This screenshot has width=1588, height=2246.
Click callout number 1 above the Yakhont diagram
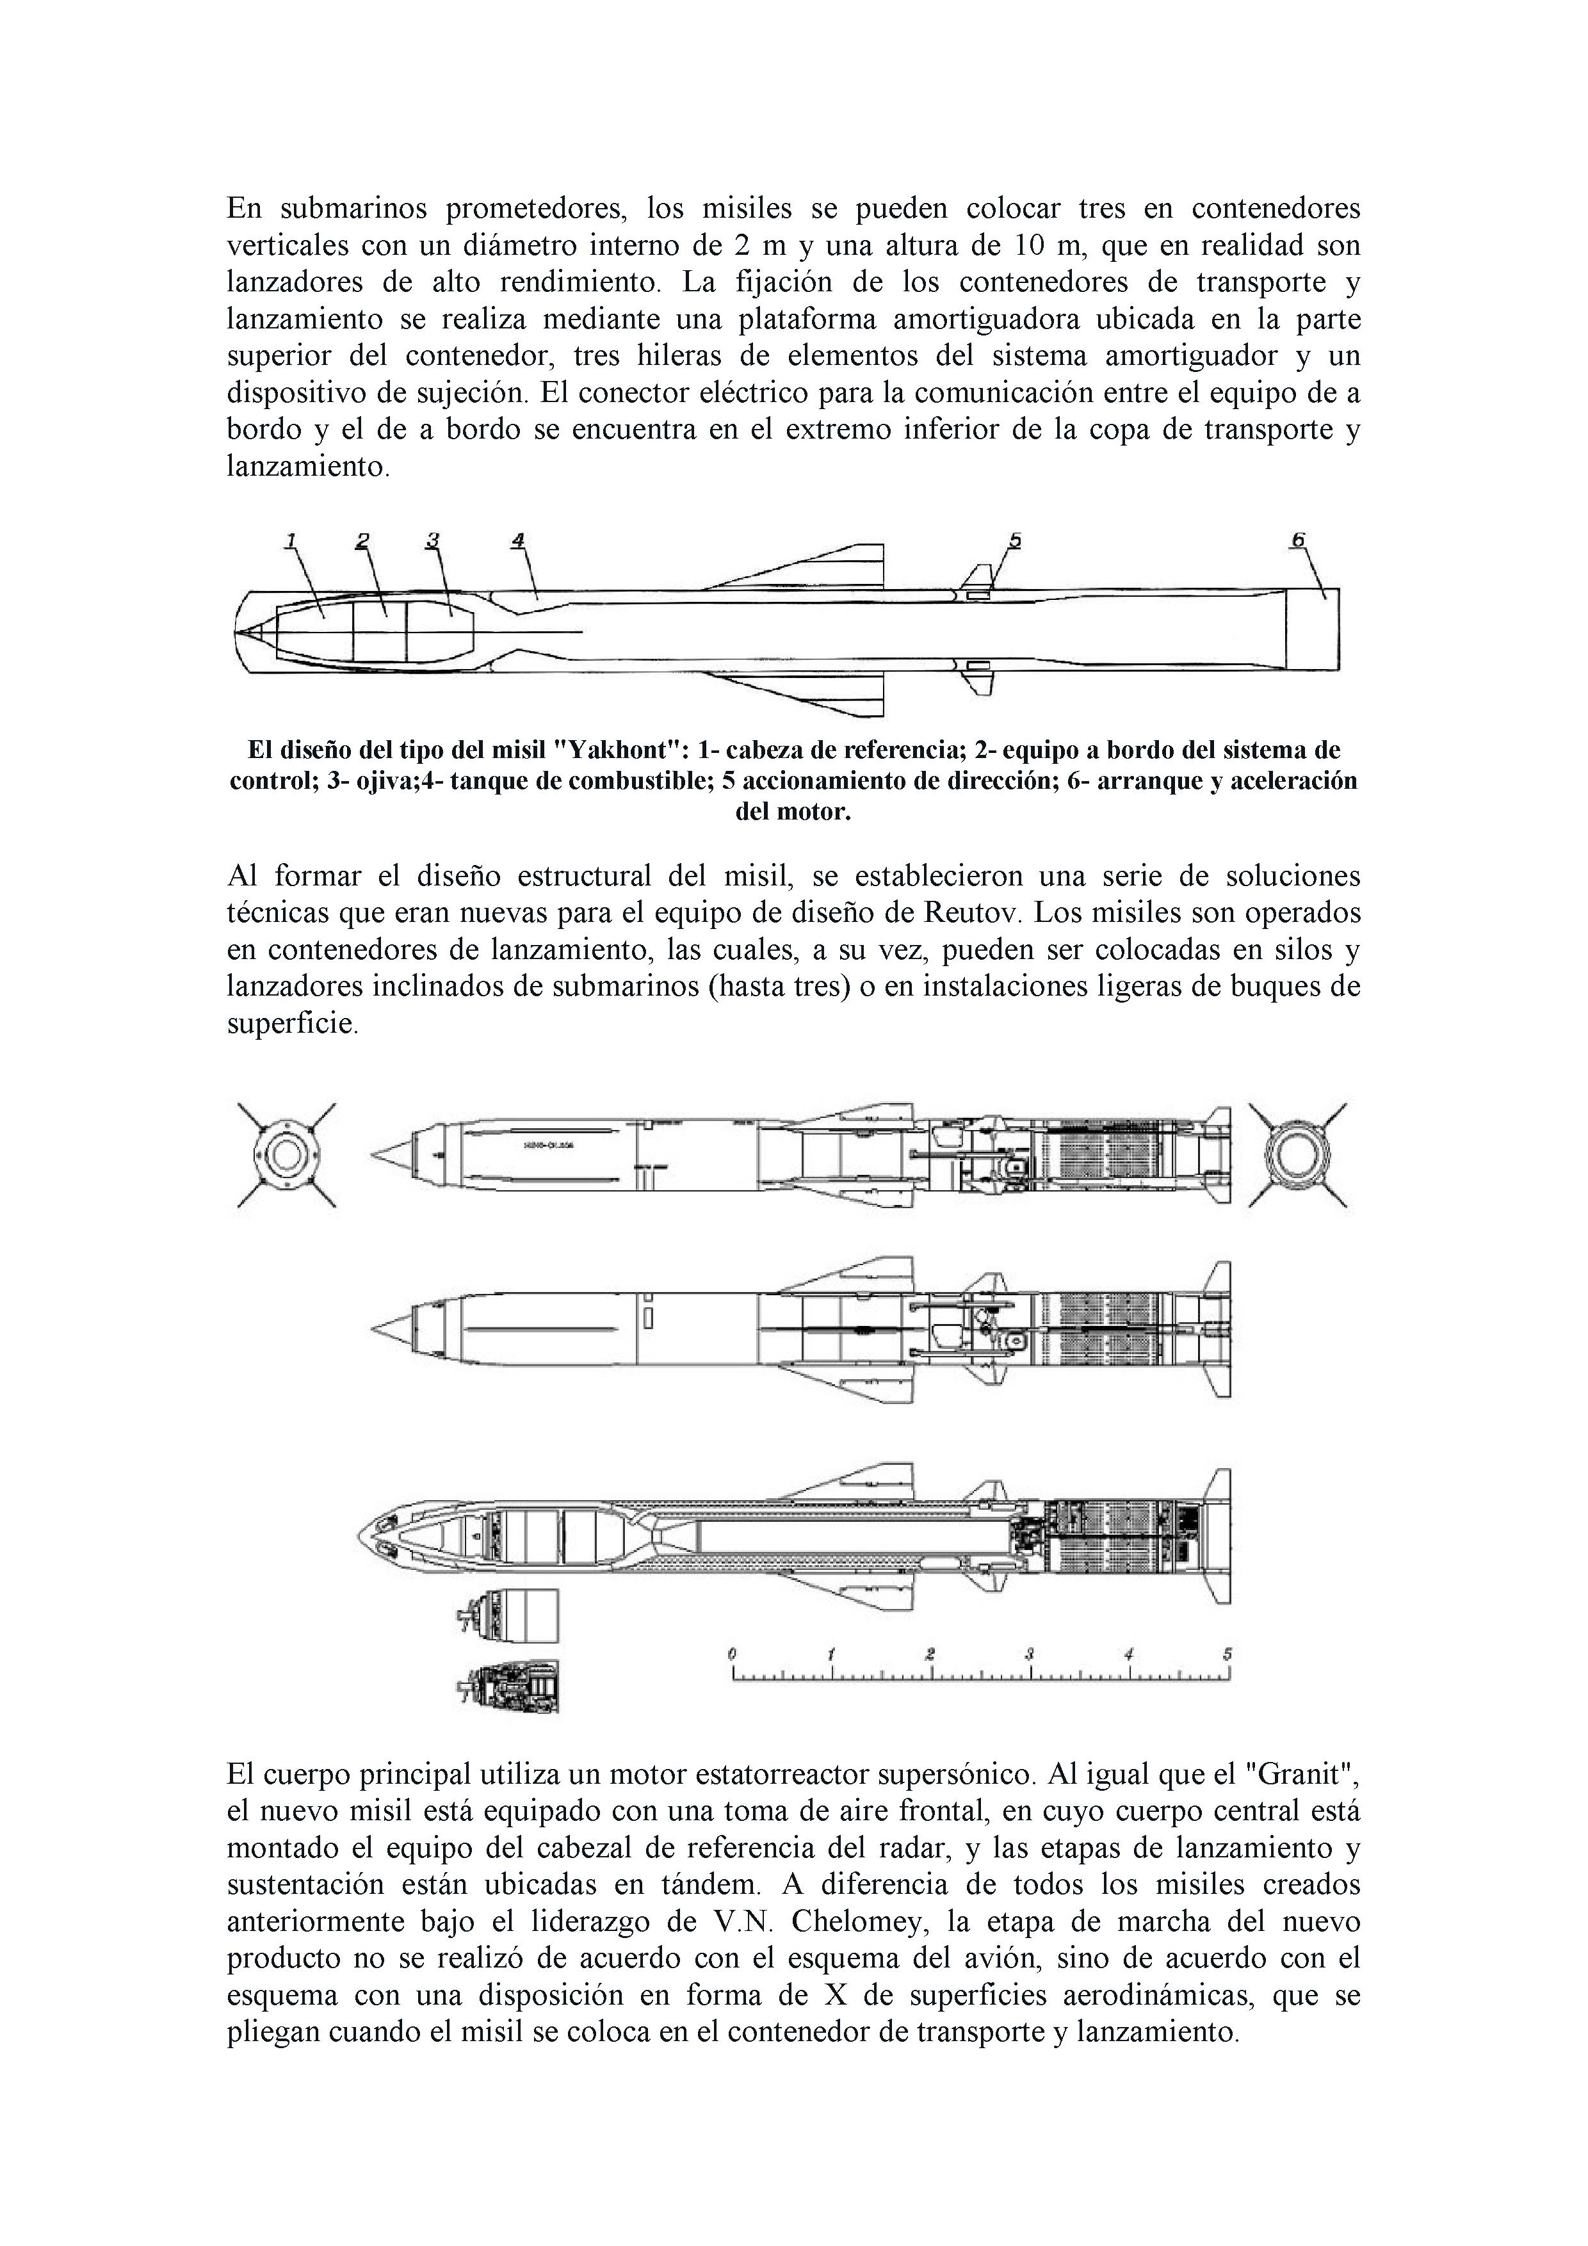[291, 539]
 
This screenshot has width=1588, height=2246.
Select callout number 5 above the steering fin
[1015, 539]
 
